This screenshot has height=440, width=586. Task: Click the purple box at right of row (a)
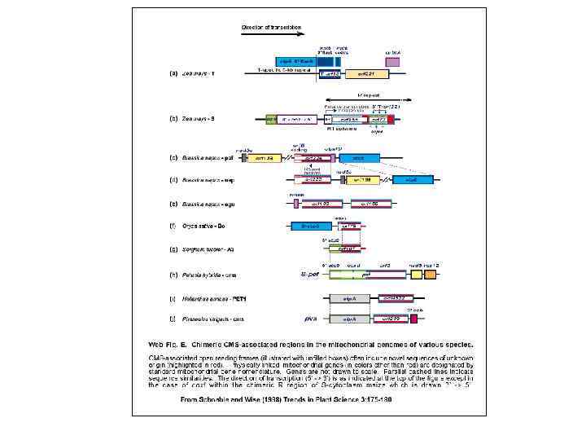pos(392,61)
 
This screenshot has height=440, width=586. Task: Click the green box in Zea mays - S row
pos(271,119)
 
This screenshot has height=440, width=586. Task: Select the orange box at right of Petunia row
pos(429,275)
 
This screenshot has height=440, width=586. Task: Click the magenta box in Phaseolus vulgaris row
pos(413,319)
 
